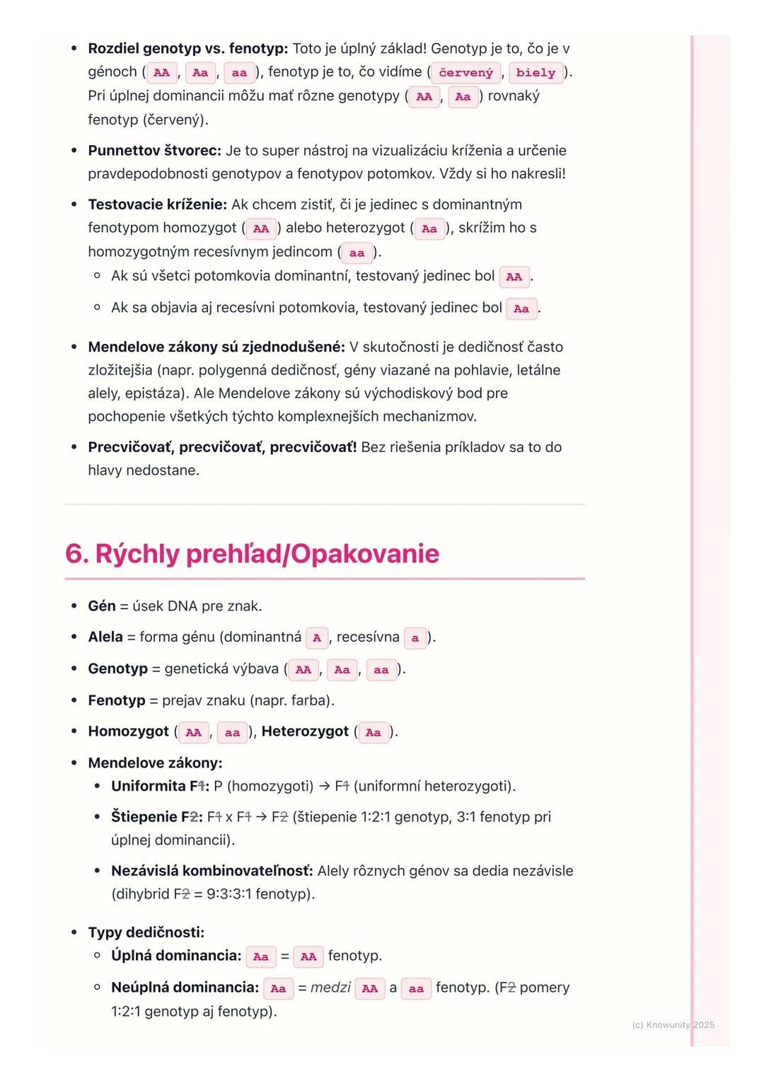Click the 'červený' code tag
click(x=465, y=73)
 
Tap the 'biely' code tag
click(x=536, y=73)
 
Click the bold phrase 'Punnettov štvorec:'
click(x=154, y=151)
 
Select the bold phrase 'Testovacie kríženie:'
click(x=157, y=204)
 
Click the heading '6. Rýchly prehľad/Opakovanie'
click(x=252, y=553)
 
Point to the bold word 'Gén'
click(x=101, y=606)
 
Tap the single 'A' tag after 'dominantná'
click(x=317, y=638)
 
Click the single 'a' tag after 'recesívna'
click(x=415, y=638)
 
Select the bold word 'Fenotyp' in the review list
click(x=116, y=700)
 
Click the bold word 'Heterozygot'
click(x=305, y=732)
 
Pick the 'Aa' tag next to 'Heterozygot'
click(x=374, y=733)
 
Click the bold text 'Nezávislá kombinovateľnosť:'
click(x=212, y=871)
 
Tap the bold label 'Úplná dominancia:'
click(x=176, y=956)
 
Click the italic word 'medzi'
click(x=330, y=988)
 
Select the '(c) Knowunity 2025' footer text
click(x=673, y=1024)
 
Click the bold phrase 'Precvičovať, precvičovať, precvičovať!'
click(x=222, y=447)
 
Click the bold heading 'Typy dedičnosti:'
click(x=146, y=932)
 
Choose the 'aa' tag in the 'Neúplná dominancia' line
click(x=416, y=989)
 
